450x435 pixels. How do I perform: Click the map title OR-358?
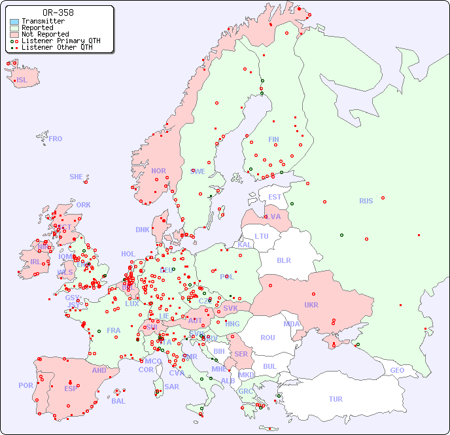pos(58,12)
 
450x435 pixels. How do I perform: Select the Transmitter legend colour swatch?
pos(14,22)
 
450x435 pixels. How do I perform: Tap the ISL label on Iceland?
pos(22,80)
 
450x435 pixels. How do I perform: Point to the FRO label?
pos(56,139)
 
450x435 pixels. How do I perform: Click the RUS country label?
pos(366,201)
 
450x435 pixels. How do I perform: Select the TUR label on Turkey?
pos(336,399)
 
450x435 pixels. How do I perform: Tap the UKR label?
pos(311,305)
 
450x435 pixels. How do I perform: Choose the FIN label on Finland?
pos(273,139)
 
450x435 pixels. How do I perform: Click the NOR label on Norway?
pos(158,171)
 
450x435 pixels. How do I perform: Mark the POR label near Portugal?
pos(26,385)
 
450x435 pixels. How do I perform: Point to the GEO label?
pos(397,370)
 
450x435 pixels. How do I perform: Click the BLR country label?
pos(284,260)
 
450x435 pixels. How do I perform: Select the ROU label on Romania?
pos(268,338)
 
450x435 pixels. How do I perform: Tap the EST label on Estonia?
pos(275,197)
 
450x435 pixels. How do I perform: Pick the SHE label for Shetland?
pos(77,177)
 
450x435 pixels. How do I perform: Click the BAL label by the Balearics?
pos(118,401)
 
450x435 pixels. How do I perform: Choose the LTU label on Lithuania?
pos(262,236)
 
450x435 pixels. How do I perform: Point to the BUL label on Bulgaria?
pos(269,366)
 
